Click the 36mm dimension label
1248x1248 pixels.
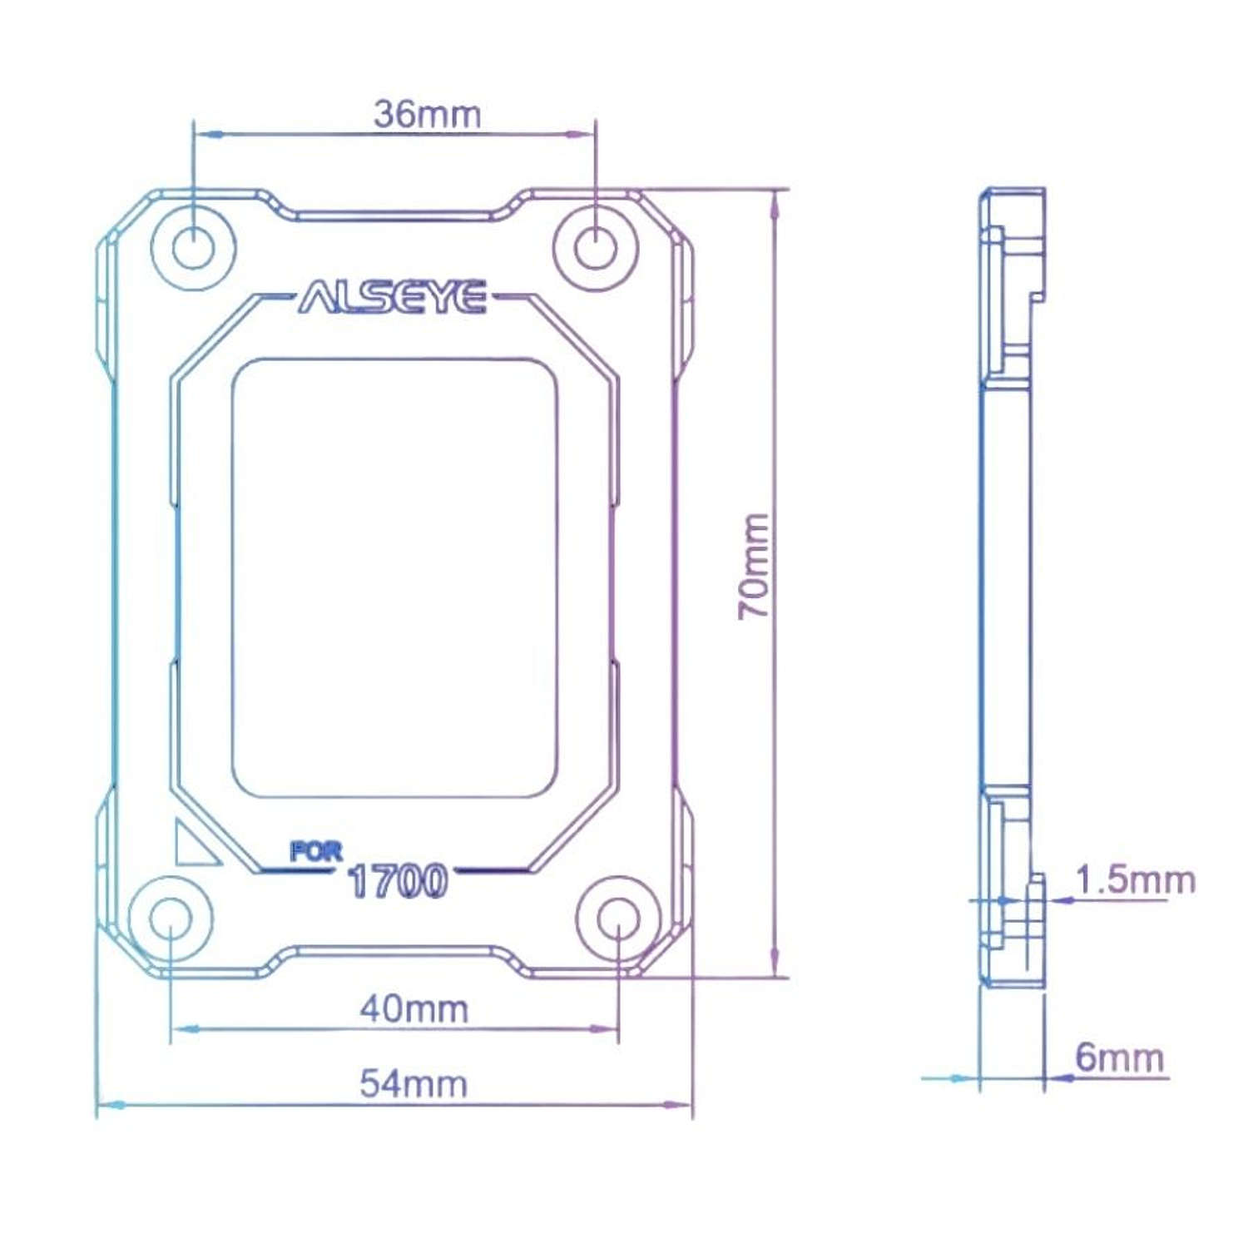(427, 114)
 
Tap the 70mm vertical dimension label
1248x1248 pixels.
(755, 565)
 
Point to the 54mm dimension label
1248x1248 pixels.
(414, 1083)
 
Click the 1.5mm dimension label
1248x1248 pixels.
(1135, 879)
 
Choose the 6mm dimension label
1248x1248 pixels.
(1119, 1057)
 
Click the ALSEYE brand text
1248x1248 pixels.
(393, 297)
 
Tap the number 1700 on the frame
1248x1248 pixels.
(398, 881)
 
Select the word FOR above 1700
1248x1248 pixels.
(316, 851)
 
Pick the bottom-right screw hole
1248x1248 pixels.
(618, 919)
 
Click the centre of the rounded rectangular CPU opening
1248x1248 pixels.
(394, 578)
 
